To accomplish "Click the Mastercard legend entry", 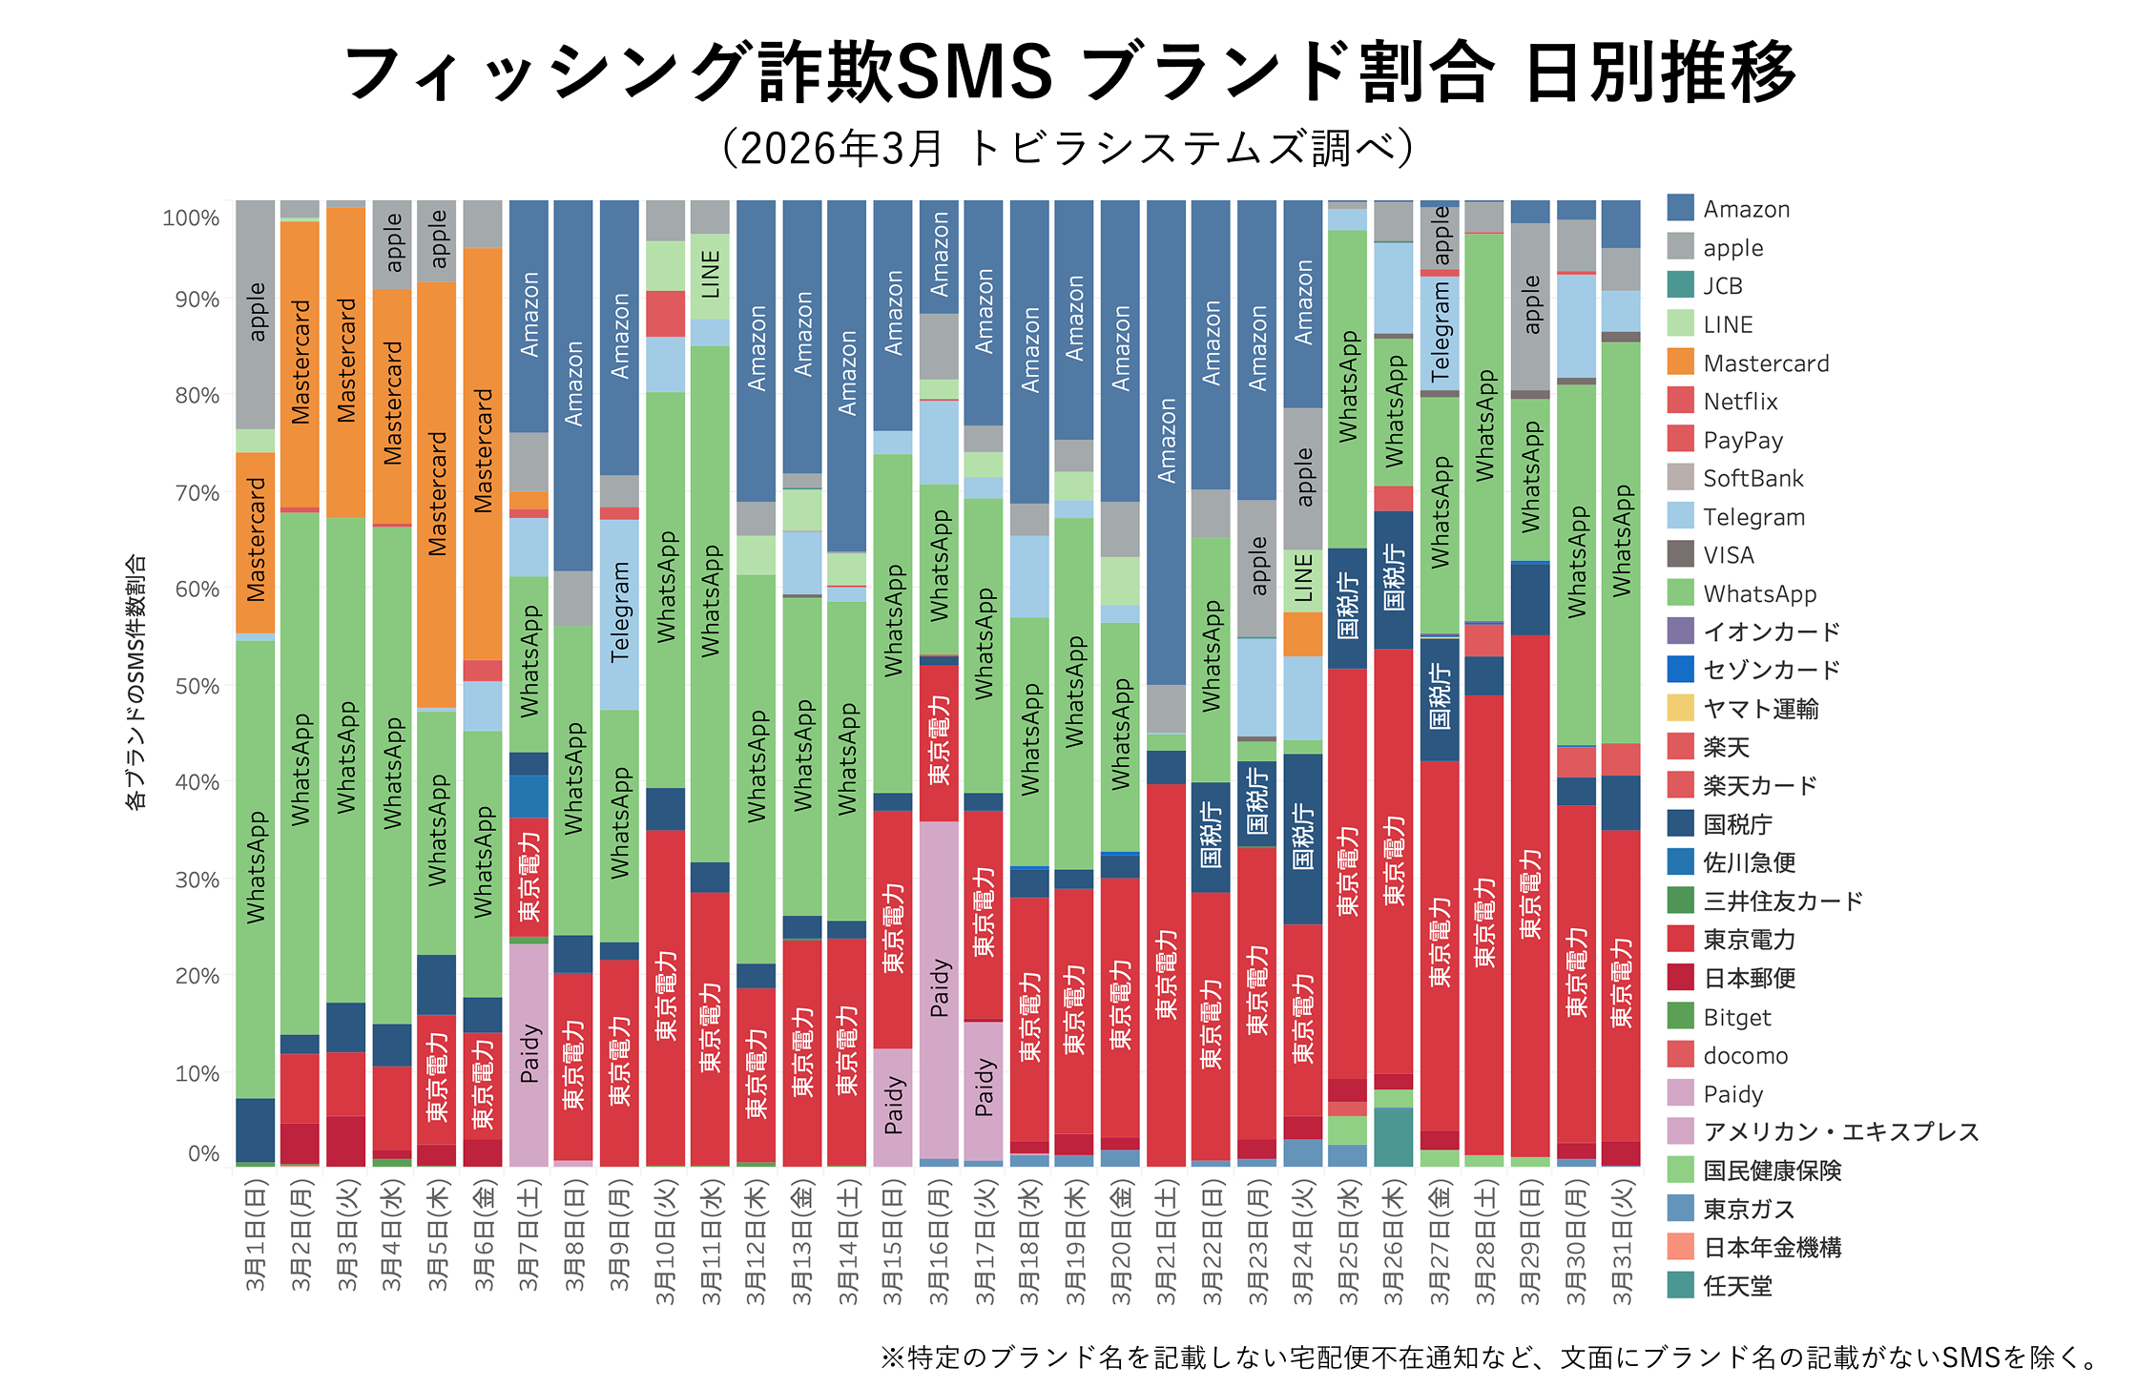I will point(1765,363).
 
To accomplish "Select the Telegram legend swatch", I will point(1680,516).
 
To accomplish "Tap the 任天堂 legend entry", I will point(1737,1286).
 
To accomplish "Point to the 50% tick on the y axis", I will point(197,686).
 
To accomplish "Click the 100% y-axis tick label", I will point(191,218).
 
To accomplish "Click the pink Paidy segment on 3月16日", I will point(939,987).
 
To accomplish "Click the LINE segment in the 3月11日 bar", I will point(711,276).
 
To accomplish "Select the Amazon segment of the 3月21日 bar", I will point(1166,439).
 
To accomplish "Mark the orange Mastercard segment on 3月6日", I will point(483,452).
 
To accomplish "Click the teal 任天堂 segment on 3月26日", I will point(1393,1136).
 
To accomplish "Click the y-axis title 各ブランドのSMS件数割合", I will point(136,681).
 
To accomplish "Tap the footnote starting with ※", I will point(1489,1357).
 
